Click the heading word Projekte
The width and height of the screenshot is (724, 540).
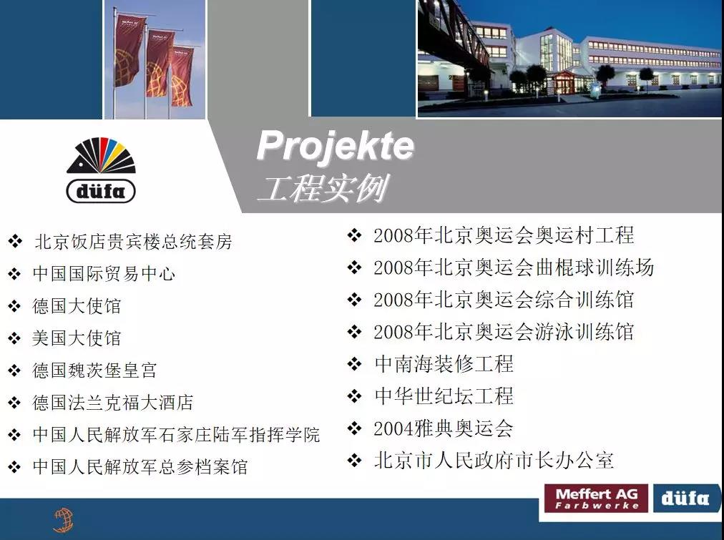click(x=336, y=147)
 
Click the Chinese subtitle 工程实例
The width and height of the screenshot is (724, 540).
click(x=323, y=188)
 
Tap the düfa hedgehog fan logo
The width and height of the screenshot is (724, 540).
click(x=101, y=170)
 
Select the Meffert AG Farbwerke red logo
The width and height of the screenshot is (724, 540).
click(x=596, y=499)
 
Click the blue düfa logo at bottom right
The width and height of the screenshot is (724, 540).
click(x=685, y=499)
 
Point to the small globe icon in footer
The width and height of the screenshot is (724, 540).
click(x=64, y=520)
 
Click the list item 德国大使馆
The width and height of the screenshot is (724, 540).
click(x=77, y=306)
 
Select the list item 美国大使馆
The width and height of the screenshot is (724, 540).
click(x=77, y=338)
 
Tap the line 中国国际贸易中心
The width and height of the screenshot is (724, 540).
click(x=104, y=274)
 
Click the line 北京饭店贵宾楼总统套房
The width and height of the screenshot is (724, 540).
click(x=134, y=241)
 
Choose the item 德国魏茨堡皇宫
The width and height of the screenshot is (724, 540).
click(x=94, y=370)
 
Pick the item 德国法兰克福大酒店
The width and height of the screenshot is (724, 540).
click(x=112, y=403)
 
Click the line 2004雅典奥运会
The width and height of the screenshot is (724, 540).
click(x=444, y=428)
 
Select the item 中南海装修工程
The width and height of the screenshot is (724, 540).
click(x=444, y=363)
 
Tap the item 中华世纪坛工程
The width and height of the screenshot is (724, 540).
click(x=444, y=396)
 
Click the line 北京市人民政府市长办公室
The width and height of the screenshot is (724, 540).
click(x=494, y=461)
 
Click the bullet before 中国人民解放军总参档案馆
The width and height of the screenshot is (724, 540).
click(x=14, y=467)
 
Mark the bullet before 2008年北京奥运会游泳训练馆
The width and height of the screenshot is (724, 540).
click(x=354, y=331)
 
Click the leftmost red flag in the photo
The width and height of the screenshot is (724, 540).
click(x=129, y=51)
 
